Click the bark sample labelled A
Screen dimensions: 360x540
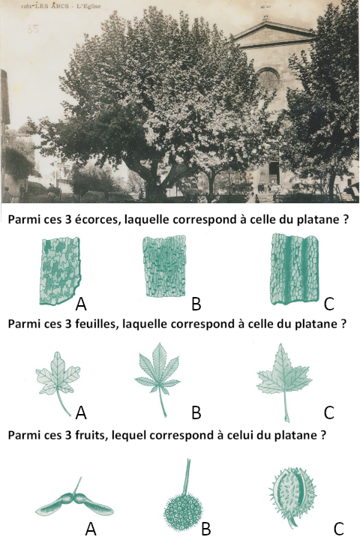(x=61, y=271)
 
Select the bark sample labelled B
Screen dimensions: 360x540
(x=164, y=265)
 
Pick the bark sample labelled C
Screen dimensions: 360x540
(x=294, y=269)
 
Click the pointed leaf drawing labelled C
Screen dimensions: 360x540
(x=284, y=379)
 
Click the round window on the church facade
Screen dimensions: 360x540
(x=268, y=79)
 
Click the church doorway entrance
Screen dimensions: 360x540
(x=274, y=172)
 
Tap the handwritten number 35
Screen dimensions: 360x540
(x=33, y=28)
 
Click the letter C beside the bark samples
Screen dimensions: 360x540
(x=329, y=304)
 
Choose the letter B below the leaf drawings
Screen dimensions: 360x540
(x=196, y=412)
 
